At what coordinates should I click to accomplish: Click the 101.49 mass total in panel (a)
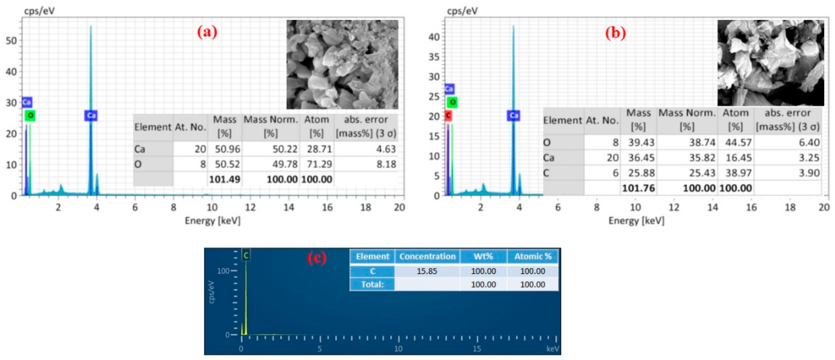coord(224,179)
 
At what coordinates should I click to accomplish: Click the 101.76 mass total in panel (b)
coord(638,188)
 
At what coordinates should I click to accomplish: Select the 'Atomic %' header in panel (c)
coord(533,257)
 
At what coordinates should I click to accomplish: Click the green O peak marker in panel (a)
coord(30,115)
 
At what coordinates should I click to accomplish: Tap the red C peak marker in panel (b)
coord(448,115)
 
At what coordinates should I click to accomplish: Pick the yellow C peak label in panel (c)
coord(246,256)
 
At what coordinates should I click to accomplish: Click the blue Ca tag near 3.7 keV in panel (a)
coord(91,115)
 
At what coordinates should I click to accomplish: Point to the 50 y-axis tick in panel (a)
coord(11,41)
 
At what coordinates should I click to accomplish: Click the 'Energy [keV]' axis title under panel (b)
coord(636,221)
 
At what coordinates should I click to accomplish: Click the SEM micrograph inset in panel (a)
coord(342,64)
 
